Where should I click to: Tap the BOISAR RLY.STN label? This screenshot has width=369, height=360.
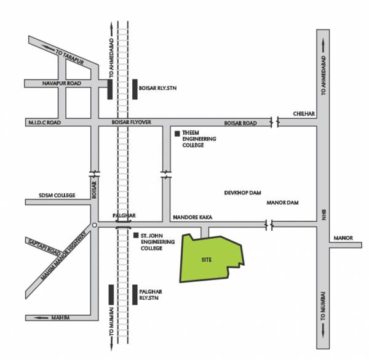[x=159, y=88]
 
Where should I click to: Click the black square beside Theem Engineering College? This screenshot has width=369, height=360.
[x=178, y=134]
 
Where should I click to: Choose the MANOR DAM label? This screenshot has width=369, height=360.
[x=282, y=202]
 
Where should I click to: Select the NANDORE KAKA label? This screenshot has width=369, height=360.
[x=191, y=217]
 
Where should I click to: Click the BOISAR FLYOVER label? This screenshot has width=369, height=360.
[x=131, y=122]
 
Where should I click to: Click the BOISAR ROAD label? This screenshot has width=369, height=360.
[x=240, y=122]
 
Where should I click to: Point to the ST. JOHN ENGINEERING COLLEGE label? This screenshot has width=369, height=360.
[x=159, y=241]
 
